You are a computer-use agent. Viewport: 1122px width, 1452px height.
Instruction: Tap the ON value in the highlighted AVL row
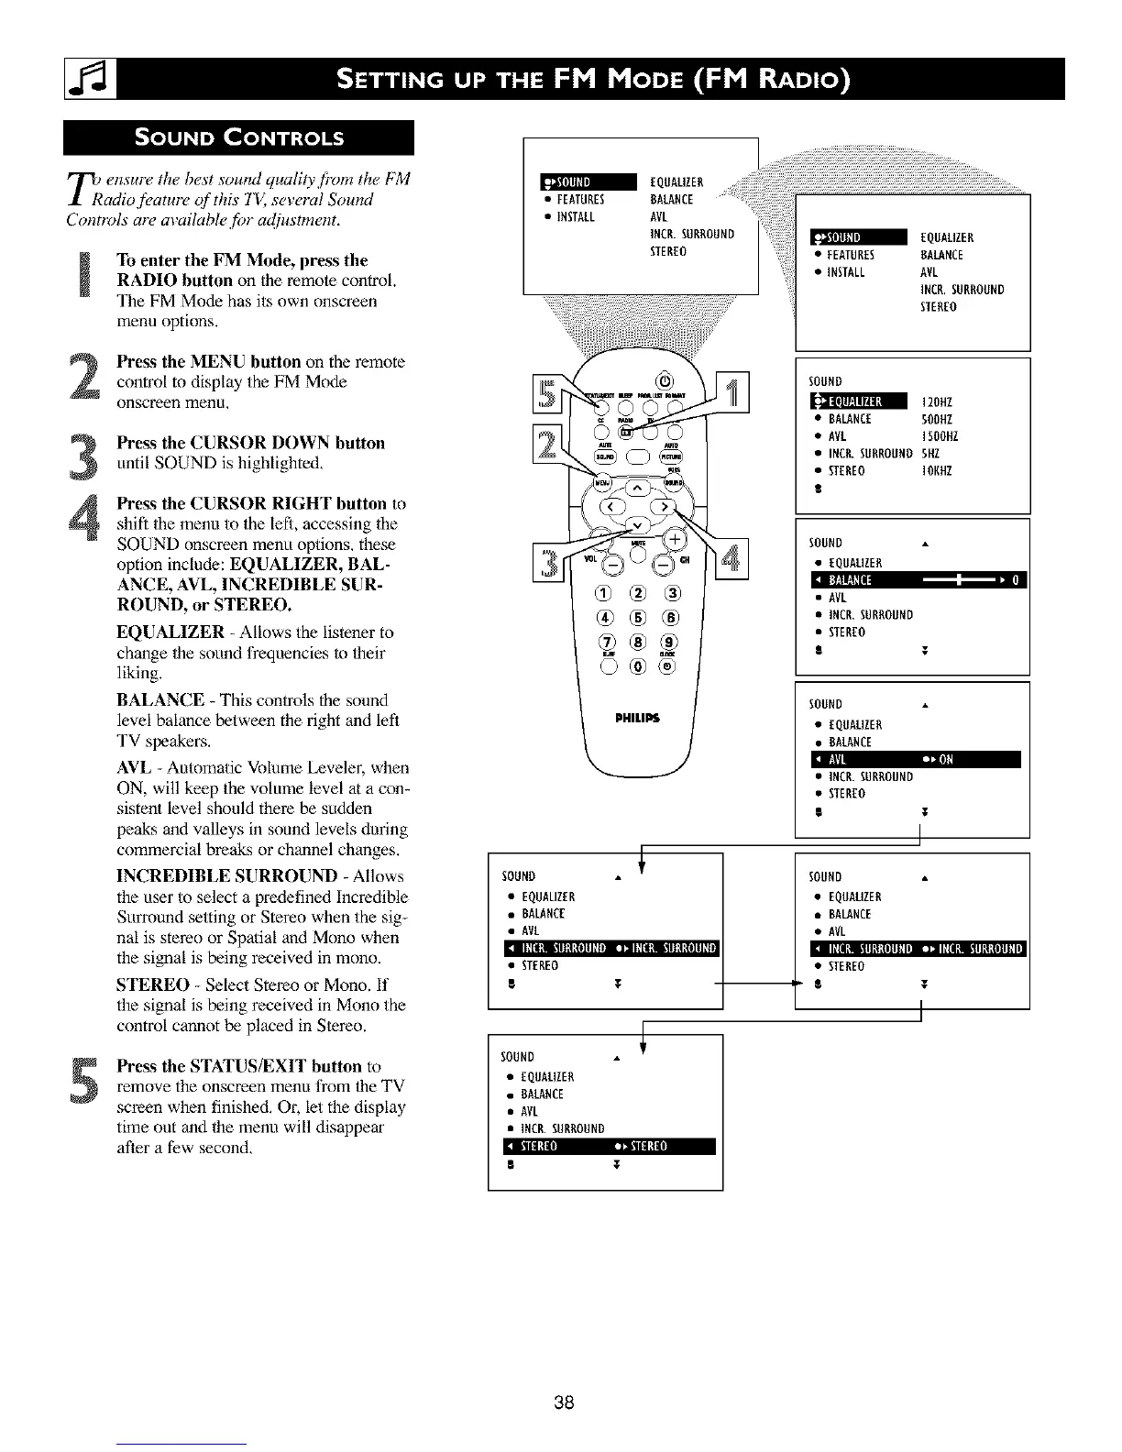[x=944, y=760]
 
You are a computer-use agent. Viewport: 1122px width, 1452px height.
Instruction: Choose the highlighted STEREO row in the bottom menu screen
[x=605, y=1147]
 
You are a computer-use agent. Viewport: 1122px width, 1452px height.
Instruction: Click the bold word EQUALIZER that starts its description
[x=170, y=632]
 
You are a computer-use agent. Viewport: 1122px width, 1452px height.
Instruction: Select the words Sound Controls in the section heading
[x=238, y=138]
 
